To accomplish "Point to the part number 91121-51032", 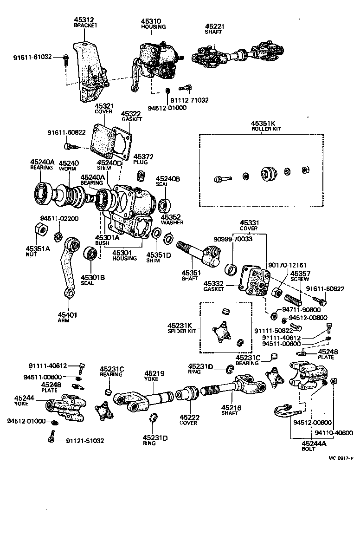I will (85, 441).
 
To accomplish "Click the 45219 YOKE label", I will (151, 375).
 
